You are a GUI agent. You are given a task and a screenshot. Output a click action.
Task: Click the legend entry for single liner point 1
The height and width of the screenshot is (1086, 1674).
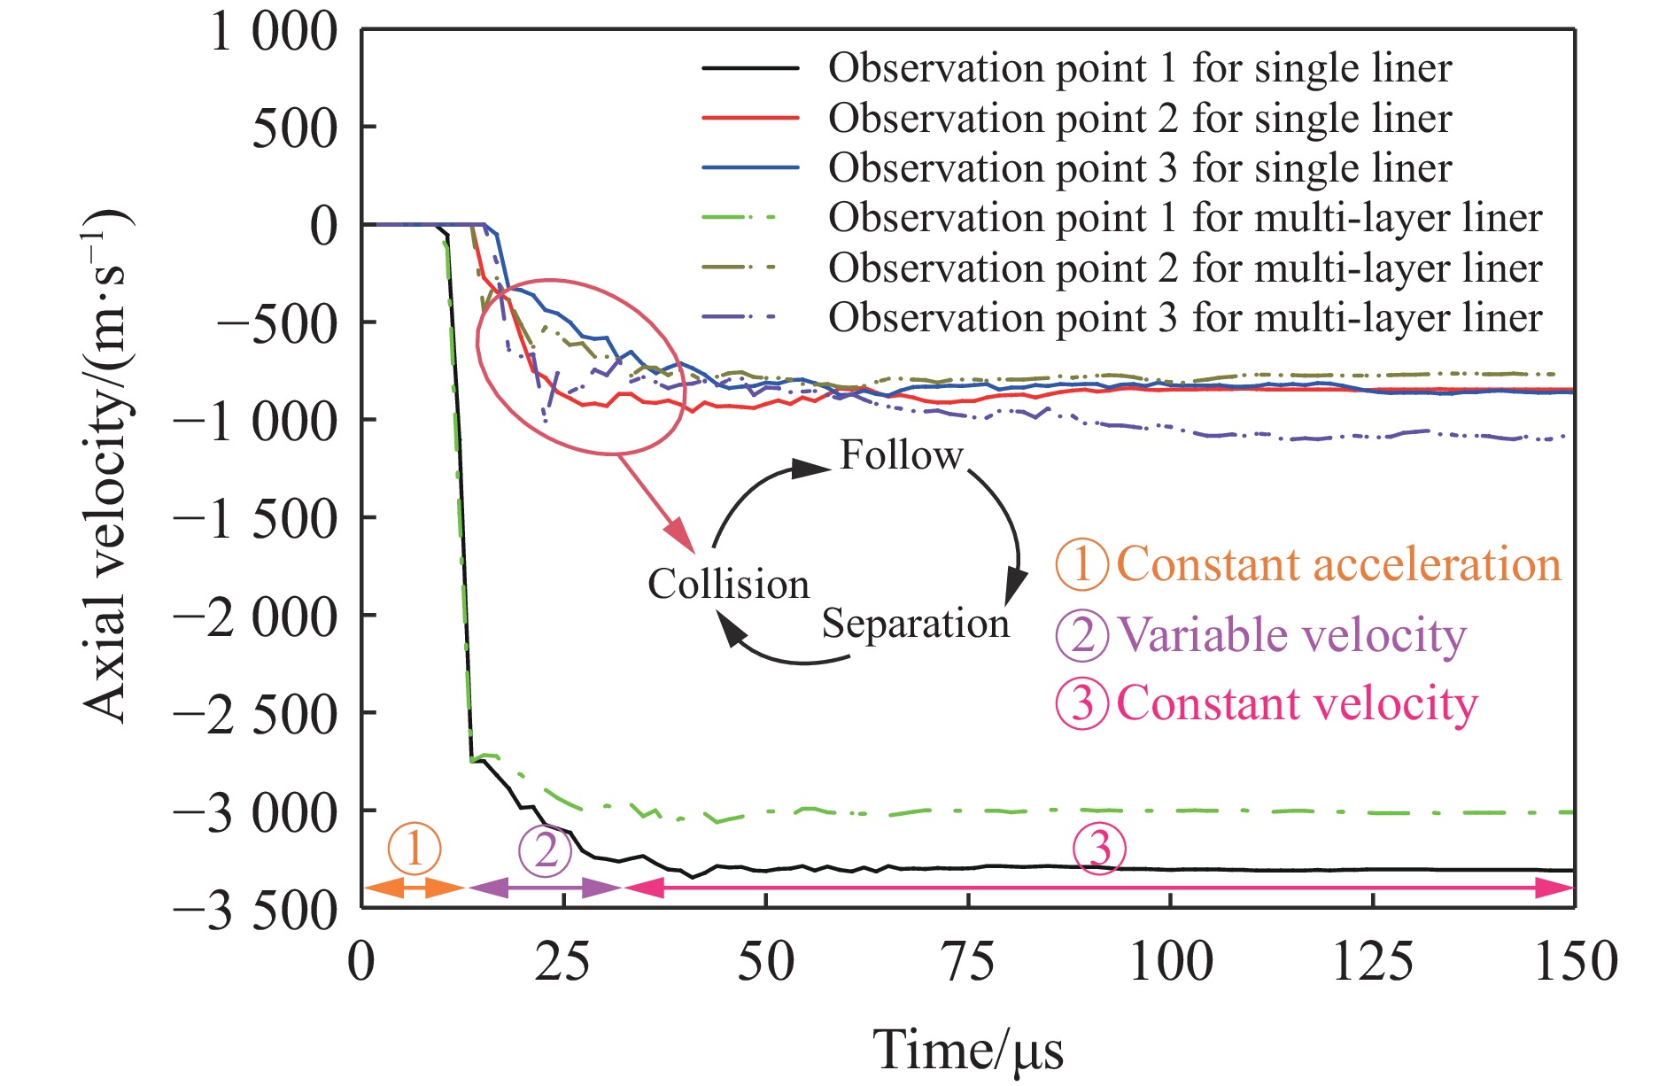coord(1140,68)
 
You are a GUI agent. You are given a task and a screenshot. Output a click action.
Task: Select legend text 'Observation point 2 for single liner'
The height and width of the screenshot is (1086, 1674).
coord(1140,119)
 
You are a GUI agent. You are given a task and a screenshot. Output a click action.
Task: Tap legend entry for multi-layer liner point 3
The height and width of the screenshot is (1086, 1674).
coord(1185,317)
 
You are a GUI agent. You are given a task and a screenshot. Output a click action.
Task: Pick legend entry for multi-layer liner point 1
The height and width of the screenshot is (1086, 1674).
coord(1185,218)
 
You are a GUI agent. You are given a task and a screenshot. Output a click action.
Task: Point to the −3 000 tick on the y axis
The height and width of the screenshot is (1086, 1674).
coord(256,811)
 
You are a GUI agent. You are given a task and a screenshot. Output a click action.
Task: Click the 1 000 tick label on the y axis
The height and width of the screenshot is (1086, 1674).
coord(273,33)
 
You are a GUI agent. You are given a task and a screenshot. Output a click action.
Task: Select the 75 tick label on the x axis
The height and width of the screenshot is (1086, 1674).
coord(969,961)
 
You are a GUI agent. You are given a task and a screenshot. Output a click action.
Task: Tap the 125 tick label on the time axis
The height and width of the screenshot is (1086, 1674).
coord(1373,961)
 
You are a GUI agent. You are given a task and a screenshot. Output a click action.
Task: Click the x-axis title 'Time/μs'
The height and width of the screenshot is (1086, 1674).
coord(968,1050)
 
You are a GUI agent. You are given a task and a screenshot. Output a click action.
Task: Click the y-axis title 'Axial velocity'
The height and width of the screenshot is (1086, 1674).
coord(106,465)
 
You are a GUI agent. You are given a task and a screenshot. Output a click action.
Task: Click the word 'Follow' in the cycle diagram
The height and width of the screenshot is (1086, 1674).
coord(901,455)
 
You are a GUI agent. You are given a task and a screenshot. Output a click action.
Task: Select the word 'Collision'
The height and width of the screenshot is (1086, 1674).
coord(728,585)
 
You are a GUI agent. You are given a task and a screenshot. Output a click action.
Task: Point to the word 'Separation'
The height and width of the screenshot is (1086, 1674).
coord(915,624)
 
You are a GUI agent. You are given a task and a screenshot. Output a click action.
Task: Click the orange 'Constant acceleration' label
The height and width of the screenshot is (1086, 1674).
coord(1338,564)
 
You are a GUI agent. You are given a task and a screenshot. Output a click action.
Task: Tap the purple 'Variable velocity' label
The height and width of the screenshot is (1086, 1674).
coord(1291,635)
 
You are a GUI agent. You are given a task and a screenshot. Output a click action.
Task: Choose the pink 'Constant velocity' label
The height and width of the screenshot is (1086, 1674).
coord(1297,703)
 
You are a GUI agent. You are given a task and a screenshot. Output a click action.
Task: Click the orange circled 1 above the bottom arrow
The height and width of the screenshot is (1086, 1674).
coord(414,849)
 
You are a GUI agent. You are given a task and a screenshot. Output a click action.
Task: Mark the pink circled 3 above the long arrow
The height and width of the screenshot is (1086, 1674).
coord(1099,849)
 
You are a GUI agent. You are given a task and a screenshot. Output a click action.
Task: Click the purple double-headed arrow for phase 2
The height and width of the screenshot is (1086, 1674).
coord(545,888)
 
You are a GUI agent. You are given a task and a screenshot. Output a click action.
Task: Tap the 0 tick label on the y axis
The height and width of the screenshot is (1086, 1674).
coord(324,226)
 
